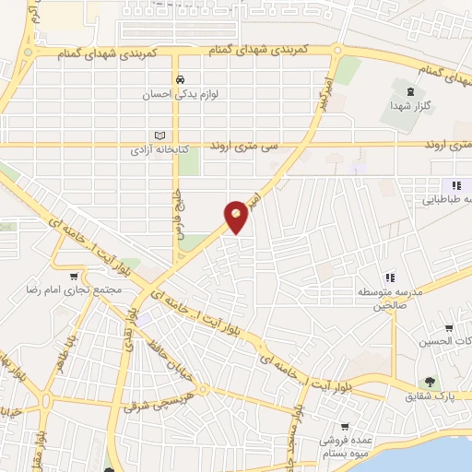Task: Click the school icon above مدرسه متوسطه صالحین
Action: [x=390, y=277]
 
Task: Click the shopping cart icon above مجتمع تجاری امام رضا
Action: [x=74, y=275]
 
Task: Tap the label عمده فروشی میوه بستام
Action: [x=344, y=448]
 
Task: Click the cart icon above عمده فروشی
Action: [x=344, y=427]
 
